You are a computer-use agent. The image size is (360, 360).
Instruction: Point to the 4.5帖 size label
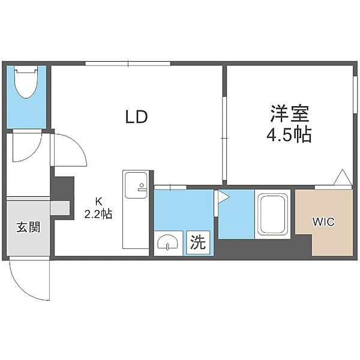click(289, 134)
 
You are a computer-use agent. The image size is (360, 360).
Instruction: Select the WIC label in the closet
click(323, 221)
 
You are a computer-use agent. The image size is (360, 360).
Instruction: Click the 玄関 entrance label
click(28, 227)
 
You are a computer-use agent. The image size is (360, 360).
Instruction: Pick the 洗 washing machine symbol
click(197, 242)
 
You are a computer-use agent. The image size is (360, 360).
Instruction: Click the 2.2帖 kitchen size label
click(98, 214)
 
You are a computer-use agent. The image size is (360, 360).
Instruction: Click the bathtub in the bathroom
click(274, 215)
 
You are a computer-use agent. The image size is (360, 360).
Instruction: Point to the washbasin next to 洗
click(167, 243)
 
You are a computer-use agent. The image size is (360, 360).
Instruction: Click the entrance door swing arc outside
click(30, 282)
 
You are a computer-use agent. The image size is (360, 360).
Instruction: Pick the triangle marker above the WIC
click(342, 178)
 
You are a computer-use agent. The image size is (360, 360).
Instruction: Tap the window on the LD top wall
click(128, 64)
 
